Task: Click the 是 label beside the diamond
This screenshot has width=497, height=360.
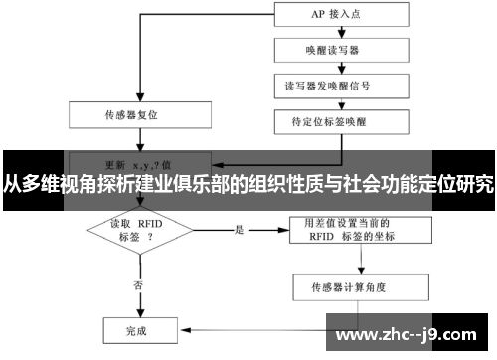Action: pyautogui.click(x=240, y=230)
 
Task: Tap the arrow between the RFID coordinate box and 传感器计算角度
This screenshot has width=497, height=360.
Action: pyautogui.click(x=355, y=261)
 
